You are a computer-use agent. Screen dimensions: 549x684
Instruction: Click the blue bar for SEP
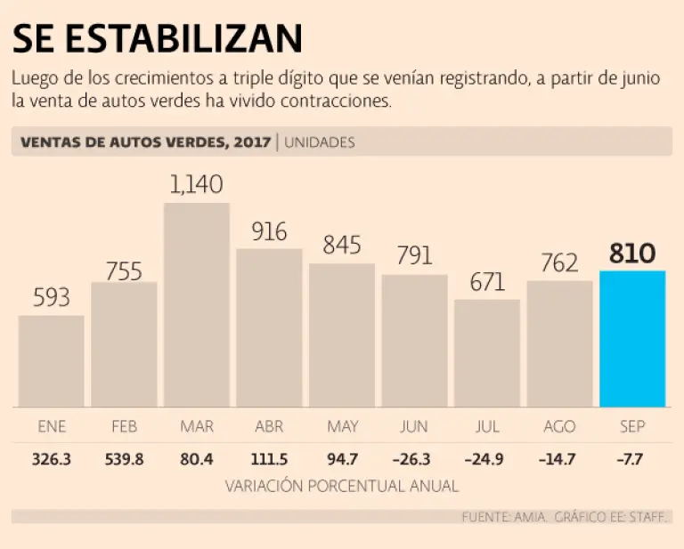632,338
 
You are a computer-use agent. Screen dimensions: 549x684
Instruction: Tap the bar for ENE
52,360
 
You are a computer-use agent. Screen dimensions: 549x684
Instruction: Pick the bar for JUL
487,352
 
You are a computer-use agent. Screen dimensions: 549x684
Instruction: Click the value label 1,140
197,184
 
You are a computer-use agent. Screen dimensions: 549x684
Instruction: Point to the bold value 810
632,254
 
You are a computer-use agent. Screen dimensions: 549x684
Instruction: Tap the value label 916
269,231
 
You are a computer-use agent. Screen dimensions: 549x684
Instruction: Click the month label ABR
269,427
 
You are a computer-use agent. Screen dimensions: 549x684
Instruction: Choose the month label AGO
559,427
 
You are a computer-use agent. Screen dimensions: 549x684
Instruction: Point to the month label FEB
124,427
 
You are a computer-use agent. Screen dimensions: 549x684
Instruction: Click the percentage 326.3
52,460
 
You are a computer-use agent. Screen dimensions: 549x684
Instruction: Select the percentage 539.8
124,460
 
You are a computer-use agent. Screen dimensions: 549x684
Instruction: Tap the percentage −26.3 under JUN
414,460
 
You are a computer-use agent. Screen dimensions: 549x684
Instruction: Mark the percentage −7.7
632,460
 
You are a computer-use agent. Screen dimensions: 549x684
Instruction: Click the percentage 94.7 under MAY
342,460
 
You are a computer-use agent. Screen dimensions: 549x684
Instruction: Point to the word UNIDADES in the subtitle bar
320,142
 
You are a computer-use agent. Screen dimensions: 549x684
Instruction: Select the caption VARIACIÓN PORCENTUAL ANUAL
342,486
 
